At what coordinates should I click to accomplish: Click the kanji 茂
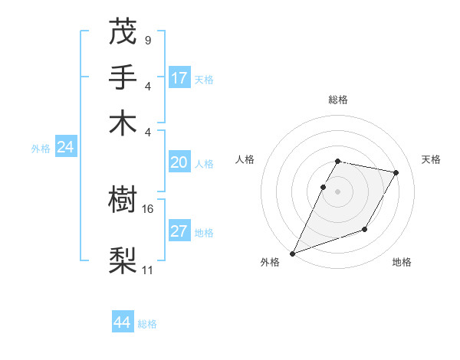[123, 31]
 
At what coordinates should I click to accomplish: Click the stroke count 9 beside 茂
[147, 38]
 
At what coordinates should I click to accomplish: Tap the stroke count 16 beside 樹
[148, 208]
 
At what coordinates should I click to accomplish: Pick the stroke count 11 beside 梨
[148, 270]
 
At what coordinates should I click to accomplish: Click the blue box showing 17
[179, 77]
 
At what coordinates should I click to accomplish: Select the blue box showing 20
[179, 162]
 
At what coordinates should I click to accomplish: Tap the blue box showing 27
[179, 232]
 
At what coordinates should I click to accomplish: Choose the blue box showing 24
[65, 147]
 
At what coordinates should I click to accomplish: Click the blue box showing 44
[123, 322]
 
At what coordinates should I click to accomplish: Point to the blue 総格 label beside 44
[147, 324]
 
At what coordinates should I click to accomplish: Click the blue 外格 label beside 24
[41, 149]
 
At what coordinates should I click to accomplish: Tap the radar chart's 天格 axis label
[431, 159]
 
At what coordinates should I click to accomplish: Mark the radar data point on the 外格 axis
[293, 254]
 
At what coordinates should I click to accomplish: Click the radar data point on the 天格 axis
[396, 173]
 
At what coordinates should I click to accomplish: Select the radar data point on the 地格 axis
[365, 229]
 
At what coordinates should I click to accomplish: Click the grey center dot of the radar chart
[337, 191]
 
